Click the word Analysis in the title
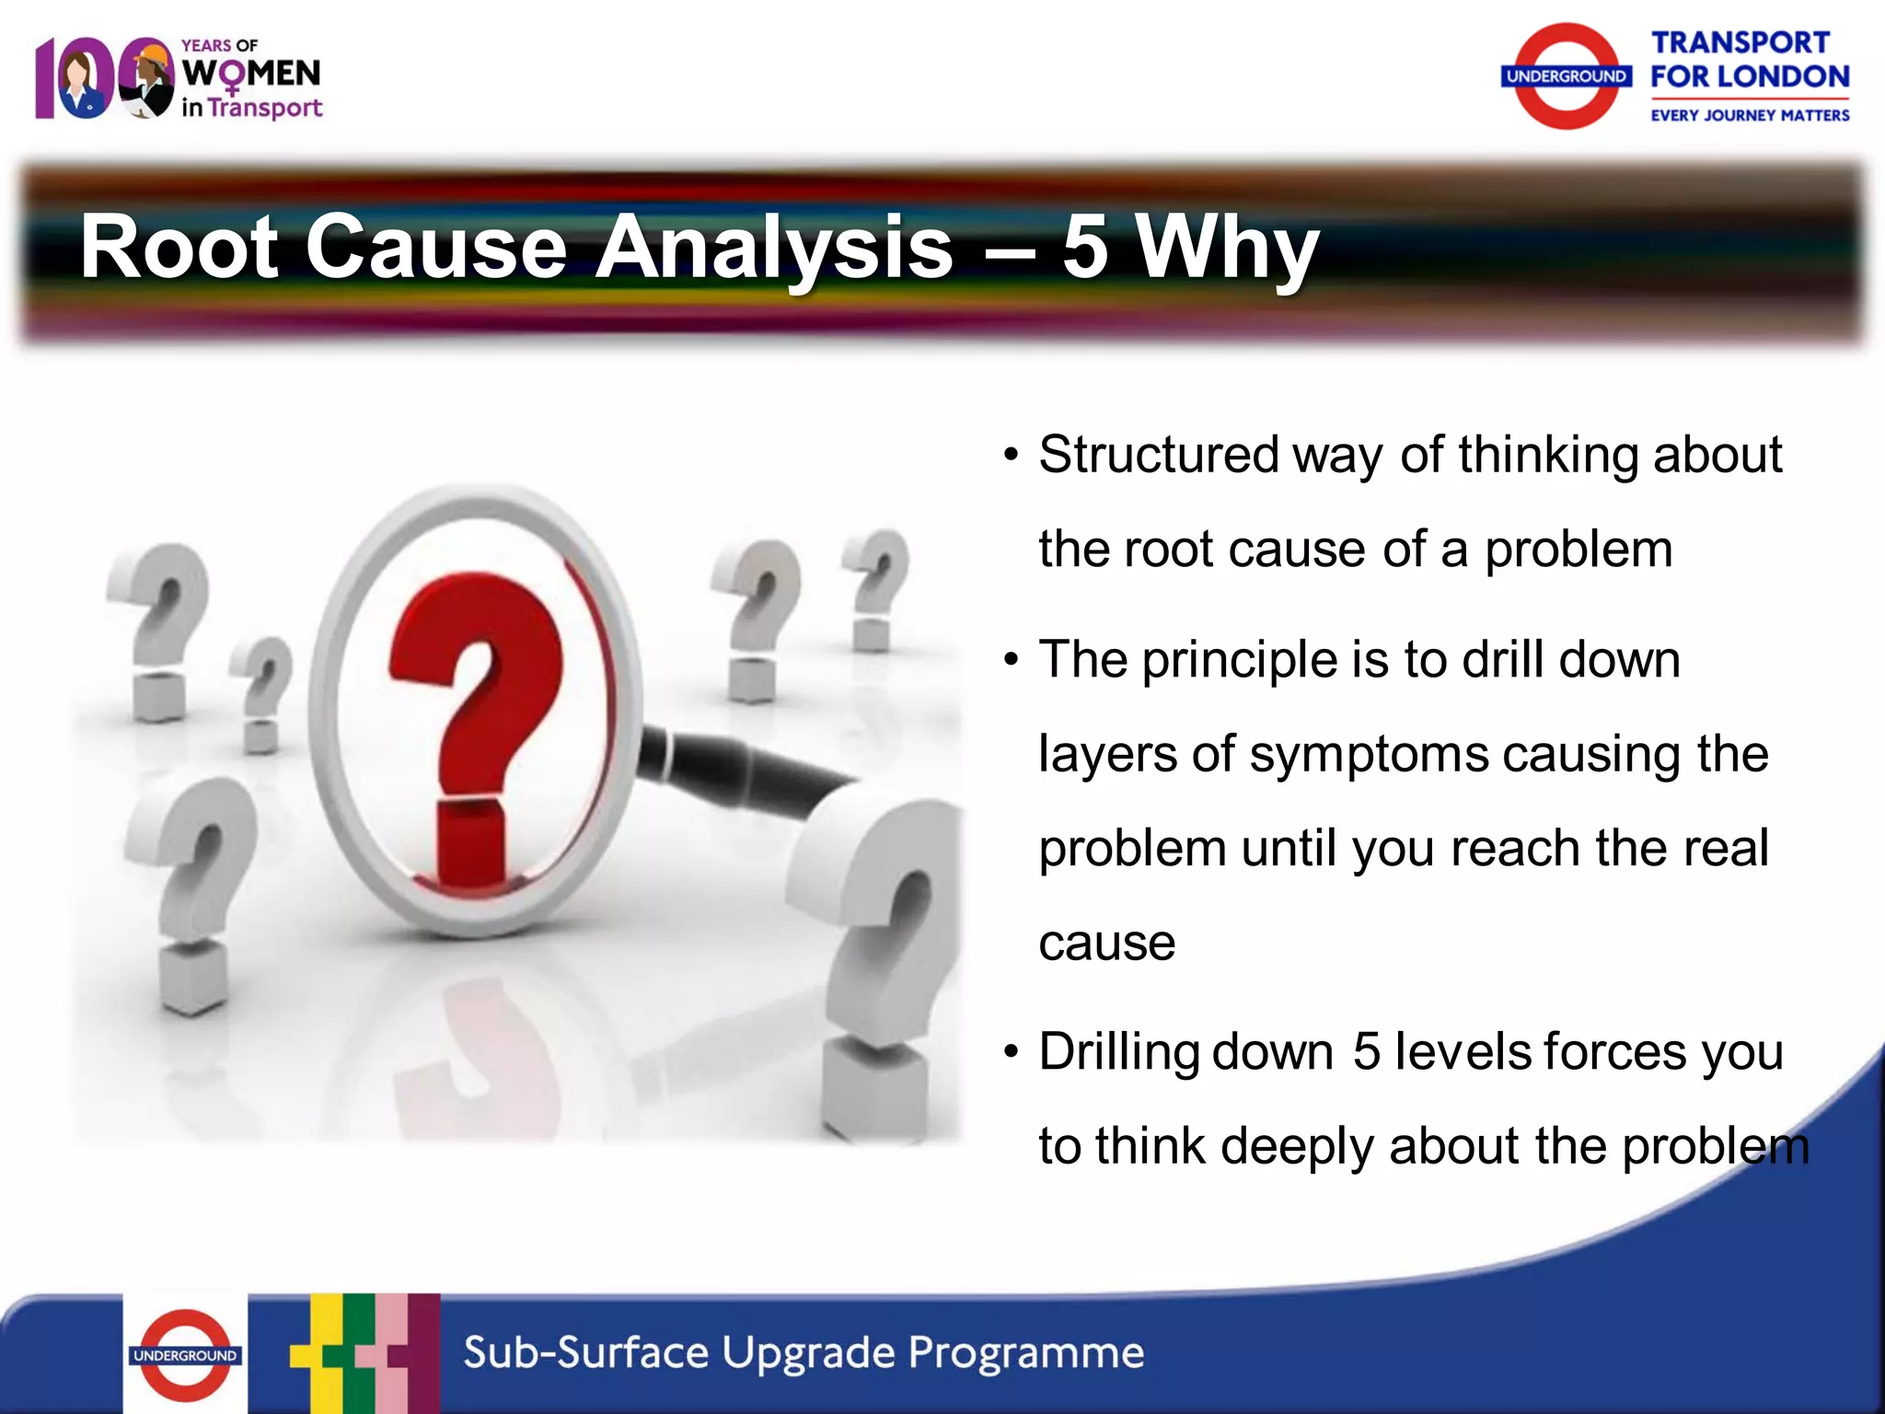(x=773, y=247)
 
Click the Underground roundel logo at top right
(x=1566, y=76)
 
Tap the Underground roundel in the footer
(x=185, y=1354)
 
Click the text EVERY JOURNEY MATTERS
(x=1749, y=115)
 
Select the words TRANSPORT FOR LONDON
(x=1748, y=60)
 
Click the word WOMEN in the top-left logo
(x=251, y=74)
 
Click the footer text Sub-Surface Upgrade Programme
(x=803, y=1353)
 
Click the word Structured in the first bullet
(x=1158, y=455)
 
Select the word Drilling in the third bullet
(x=1117, y=1051)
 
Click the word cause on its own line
(x=1106, y=943)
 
